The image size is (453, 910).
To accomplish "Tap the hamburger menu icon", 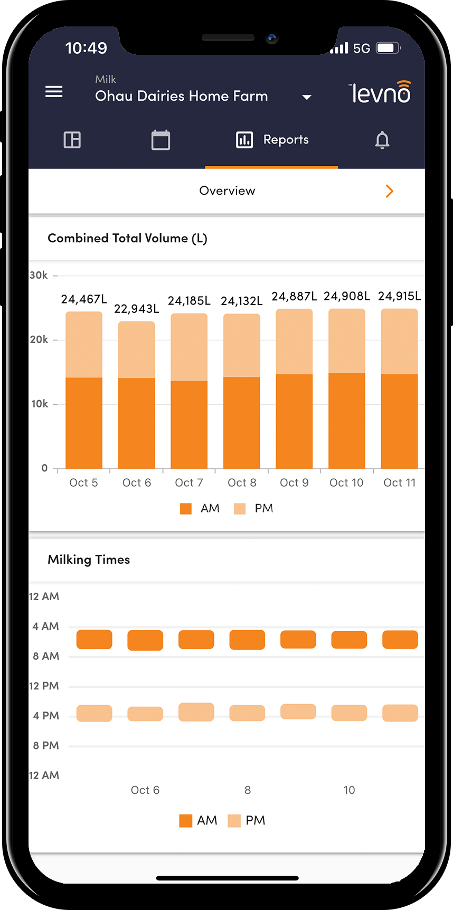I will pyautogui.click(x=54, y=92).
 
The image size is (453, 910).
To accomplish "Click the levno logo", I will pyautogui.click(x=380, y=92).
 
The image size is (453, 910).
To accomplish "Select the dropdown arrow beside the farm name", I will pyautogui.click(x=306, y=97).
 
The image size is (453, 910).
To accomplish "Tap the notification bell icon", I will pyautogui.click(x=382, y=140).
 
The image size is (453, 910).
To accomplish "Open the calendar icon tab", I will pyautogui.click(x=161, y=140).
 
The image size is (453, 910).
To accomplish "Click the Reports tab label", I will pyautogui.click(x=286, y=140).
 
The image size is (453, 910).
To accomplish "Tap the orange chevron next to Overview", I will pyautogui.click(x=390, y=191).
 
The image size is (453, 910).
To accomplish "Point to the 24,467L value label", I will pyautogui.click(x=84, y=299).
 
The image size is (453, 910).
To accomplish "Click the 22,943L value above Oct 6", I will pyautogui.click(x=137, y=309).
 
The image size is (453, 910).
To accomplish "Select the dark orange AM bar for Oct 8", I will pyautogui.click(x=242, y=422).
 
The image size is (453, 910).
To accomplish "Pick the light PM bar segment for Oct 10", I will pyautogui.click(x=347, y=341).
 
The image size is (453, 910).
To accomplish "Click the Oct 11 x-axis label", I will pyautogui.click(x=400, y=482).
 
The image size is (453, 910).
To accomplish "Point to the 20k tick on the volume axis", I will pyautogui.click(x=39, y=339).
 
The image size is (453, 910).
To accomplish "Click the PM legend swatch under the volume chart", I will pyautogui.click(x=240, y=509).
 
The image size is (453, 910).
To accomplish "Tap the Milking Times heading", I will pyautogui.click(x=89, y=560).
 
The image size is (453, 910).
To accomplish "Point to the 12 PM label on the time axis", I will pyautogui.click(x=44, y=686).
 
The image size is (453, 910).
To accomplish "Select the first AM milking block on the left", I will pyautogui.click(x=95, y=639).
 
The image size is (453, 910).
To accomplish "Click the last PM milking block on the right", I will pyautogui.click(x=400, y=713).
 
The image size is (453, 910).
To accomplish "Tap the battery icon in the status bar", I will pyautogui.click(x=388, y=48).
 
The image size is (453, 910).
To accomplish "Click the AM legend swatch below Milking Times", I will pyautogui.click(x=186, y=821).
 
